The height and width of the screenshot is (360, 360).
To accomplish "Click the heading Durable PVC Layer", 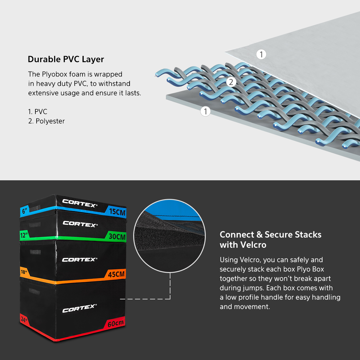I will click(x=66, y=59).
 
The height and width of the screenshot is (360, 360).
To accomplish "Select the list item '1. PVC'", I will click(x=37, y=112).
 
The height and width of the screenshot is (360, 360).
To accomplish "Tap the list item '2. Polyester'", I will click(x=46, y=121).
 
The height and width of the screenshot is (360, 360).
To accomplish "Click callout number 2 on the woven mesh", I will click(x=231, y=82).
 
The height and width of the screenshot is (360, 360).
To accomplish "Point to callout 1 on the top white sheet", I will click(x=261, y=54).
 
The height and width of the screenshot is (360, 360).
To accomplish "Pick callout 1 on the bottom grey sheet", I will click(x=205, y=111).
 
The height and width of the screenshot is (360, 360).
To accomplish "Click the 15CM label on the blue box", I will click(x=117, y=212).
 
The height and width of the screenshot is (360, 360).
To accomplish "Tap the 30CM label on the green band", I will click(x=117, y=237).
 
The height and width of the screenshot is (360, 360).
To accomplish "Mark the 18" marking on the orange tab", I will click(x=24, y=272).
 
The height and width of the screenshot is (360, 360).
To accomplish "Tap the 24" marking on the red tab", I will click(x=24, y=320).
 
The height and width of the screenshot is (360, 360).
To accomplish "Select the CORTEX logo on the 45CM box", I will click(x=79, y=259).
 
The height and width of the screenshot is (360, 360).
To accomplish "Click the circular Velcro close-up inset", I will click(x=169, y=236).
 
